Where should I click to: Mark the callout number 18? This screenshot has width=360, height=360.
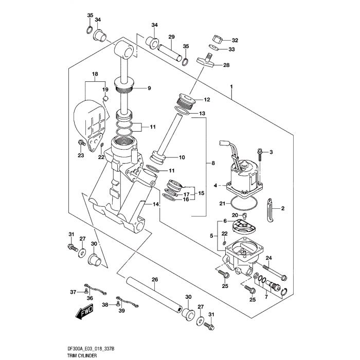click(95, 75)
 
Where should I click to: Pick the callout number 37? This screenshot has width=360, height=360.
click(73, 292)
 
